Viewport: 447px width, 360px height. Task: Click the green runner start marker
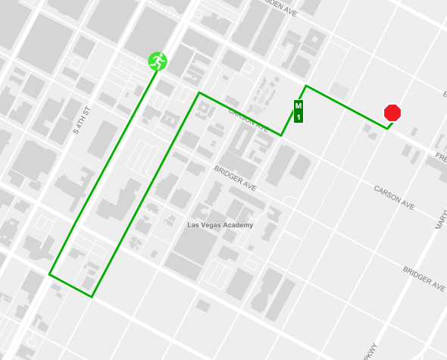point(158,61)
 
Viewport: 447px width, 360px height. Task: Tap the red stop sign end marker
point(392,113)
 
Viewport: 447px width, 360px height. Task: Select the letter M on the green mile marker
point(299,105)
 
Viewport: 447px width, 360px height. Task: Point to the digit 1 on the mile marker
point(299,117)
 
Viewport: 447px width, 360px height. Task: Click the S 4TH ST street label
point(82,120)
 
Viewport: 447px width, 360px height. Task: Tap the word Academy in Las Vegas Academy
point(237,225)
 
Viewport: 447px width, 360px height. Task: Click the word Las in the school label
point(193,225)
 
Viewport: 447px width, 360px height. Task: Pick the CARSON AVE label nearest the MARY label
point(394,196)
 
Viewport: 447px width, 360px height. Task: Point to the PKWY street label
point(370,352)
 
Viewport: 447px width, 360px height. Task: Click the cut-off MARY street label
point(440,220)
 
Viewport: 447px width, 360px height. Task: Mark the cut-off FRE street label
point(440,158)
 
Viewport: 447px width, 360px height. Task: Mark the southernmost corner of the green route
point(92,296)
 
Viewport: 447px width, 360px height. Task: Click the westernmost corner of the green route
point(50,274)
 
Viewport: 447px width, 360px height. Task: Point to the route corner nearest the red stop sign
point(388,128)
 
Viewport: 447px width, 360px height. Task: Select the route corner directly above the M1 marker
point(306,86)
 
